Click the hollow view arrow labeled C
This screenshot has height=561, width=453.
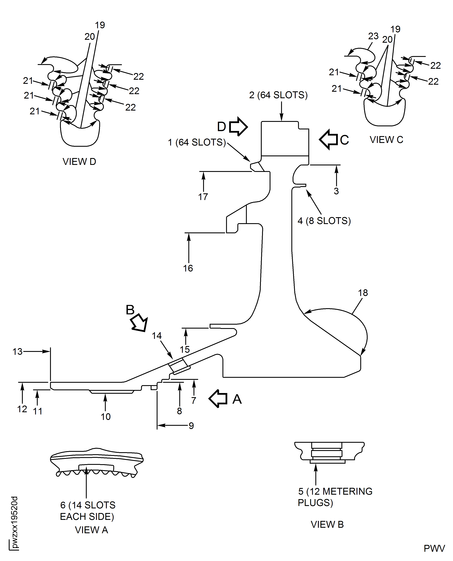pyautogui.click(x=329, y=139)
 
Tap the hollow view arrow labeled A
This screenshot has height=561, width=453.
pyautogui.click(x=218, y=399)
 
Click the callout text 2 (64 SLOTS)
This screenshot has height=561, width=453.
pyautogui.click(x=278, y=95)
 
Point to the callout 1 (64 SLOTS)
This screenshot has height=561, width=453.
pyautogui.click(x=197, y=142)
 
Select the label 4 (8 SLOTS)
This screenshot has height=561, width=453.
pyautogui.click(x=324, y=221)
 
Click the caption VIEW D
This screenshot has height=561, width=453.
pyautogui.click(x=79, y=161)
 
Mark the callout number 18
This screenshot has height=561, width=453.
pyautogui.click(x=363, y=293)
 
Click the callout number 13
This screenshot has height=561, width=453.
pyautogui.click(x=17, y=352)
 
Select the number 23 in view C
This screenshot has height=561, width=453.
pyautogui.click(x=373, y=36)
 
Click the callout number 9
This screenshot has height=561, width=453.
pyautogui.click(x=191, y=426)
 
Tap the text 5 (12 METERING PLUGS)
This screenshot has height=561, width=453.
pyautogui.click(x=335, y=497)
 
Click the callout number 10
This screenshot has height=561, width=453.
pyautogui.click(x=106, y=417)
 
